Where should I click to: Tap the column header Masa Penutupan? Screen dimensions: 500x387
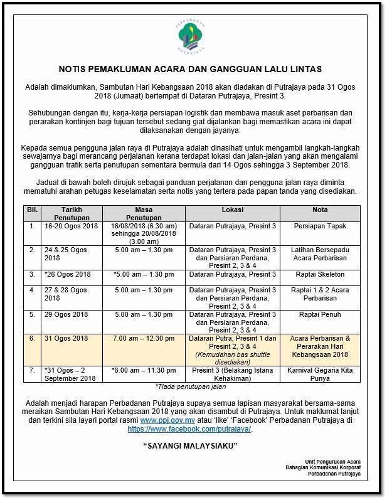(x=144, y=213)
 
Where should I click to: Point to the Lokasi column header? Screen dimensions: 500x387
(x=232, y=210)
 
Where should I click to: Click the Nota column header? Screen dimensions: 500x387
(x=320, y=210)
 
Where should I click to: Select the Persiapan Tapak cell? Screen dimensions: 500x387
(x=321, y=225)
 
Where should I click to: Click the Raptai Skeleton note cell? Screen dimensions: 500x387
(x=321, y=274)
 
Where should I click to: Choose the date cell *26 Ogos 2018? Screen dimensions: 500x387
(x=68, y=274)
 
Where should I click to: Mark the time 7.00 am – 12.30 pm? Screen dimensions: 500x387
(x=144, y=338)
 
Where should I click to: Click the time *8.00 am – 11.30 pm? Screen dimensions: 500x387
(x=144, y=371)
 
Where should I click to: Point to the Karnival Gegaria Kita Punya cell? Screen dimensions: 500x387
(x=321, y=375)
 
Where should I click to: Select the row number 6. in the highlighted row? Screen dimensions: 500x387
(x=32, y=338)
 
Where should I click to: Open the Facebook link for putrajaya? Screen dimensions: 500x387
(x=190, y=429)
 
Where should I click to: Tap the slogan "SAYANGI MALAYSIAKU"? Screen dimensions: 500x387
(x=193, y=446)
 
